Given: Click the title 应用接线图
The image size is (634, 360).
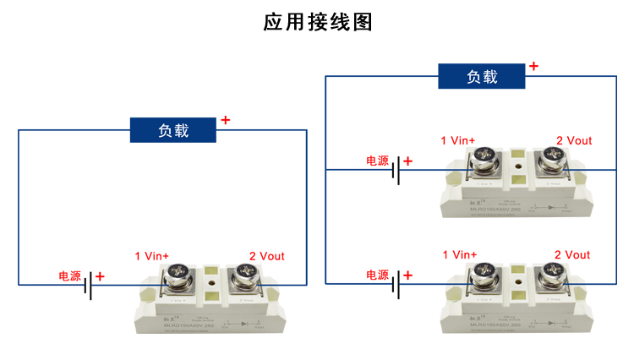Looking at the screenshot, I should tap(317, 22).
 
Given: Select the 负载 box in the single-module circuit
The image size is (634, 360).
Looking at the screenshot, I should tap(173, 131).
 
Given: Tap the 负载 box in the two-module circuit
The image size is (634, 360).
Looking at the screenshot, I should tap(482, 77).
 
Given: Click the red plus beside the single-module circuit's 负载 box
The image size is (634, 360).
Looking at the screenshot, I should tap(225, 121).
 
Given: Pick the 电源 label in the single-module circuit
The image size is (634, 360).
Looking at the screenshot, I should tap(69, 276).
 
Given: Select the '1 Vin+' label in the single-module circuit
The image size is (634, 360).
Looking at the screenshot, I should tap(152, 255).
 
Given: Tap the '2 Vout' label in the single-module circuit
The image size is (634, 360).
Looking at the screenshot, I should tap(266, 255).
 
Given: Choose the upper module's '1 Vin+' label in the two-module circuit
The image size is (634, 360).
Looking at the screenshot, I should tap(459, 140).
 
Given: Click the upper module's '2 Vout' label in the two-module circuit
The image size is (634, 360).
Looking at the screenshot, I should tap(574, 140).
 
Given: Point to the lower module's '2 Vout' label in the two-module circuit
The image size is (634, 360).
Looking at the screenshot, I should tap(572, 254).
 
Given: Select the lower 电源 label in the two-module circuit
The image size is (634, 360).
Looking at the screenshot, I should tap(377, 275).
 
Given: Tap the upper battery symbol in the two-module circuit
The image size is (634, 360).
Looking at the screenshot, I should tap(396, 171).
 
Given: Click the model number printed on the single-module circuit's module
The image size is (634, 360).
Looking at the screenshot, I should tap(187, 325).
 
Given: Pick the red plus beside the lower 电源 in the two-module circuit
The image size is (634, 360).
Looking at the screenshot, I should tap(408, 275).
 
